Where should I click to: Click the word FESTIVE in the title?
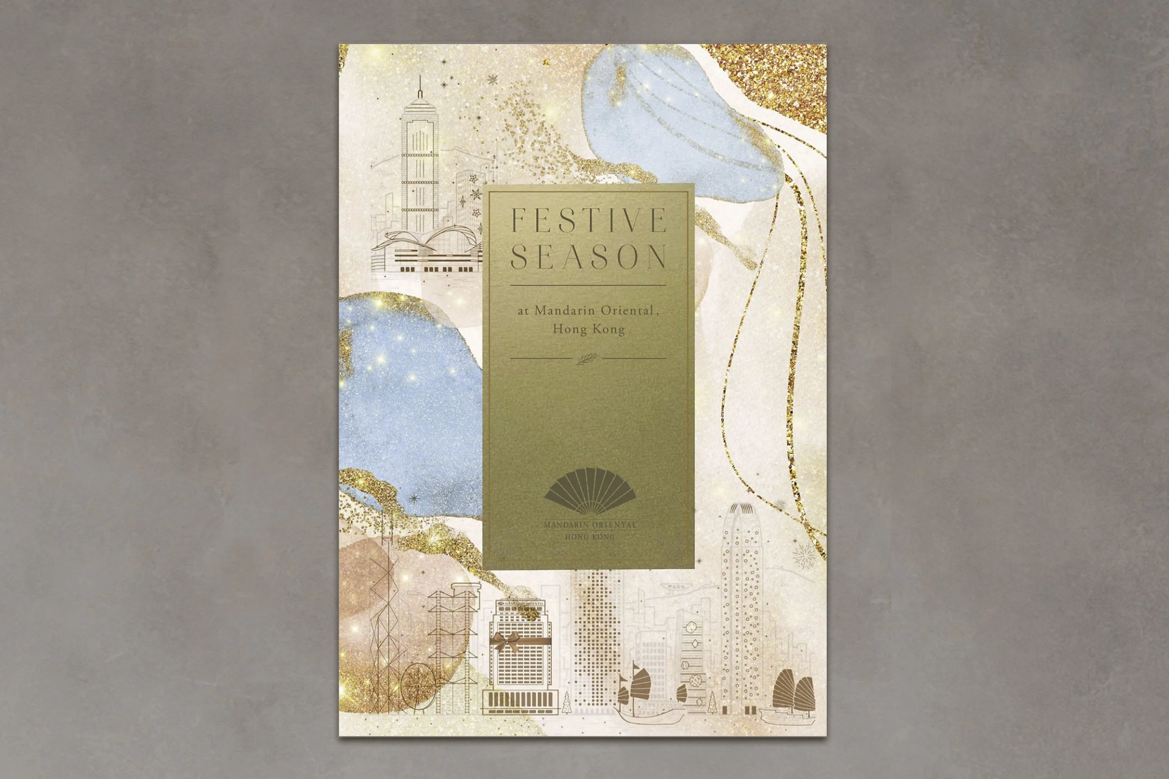click(x=589, y=221)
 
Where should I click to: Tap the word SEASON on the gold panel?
click(x=589, y=257)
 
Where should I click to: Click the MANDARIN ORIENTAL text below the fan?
click(x=590, y=525)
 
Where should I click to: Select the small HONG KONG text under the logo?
click(x=590, y=537)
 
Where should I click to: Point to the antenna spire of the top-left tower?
click(x=420, y=88)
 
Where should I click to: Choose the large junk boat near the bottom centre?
click(x=641, y=695)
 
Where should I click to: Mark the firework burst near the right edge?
click(x=803, y=555)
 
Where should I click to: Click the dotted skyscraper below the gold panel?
click(x=597, y=641)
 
